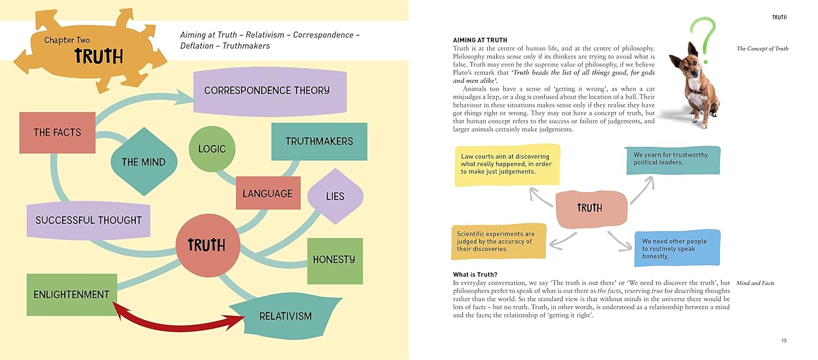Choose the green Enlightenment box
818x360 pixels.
[x=71, y=295]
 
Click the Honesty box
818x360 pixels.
[x=334, y=260]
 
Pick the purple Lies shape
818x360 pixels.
[x=335, y=196]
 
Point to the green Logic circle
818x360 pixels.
[x=212, y=149]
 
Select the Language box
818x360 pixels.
[x=267, y=194]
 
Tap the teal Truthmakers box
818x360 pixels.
[x=319, y=141]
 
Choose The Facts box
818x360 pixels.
[x=57, y=133]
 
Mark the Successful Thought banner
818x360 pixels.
[x=88, y=220]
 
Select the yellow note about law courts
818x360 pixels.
[x=507, y=164]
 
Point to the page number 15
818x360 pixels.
[x=784, y=341]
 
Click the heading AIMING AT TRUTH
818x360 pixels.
[x=480, y=40]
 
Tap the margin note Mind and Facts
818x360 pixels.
[x=755, y=283]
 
